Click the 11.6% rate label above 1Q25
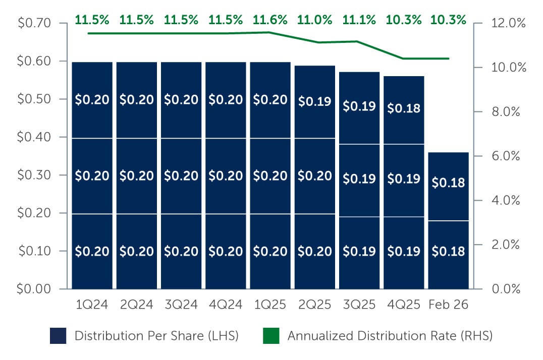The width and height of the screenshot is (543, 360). [270, 20]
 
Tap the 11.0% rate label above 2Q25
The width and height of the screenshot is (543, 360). [315, 20]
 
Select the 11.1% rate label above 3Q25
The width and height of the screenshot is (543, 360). [359, 20]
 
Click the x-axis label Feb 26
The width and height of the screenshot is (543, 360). [448, 305]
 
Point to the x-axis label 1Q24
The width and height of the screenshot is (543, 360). [91, 305]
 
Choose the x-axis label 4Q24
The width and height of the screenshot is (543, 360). [226, 305]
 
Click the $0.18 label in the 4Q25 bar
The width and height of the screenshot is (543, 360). [404, 108]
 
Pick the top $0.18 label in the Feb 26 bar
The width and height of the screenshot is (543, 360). [448, 183]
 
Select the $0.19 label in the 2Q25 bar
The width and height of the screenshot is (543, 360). [315, 101]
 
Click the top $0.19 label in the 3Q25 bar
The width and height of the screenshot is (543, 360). [359, 107]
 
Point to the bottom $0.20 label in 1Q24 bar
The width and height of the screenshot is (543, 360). [92, 251]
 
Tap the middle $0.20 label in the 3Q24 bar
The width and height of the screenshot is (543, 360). [181, 175]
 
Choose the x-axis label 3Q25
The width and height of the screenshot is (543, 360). [359, 305]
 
